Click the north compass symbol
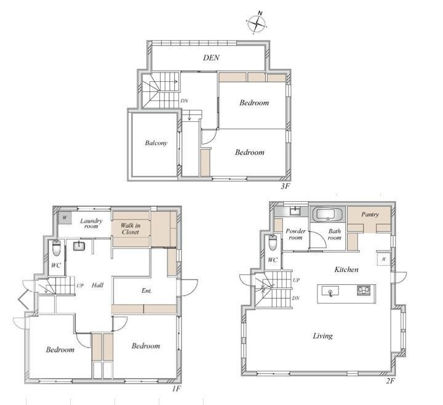tap(257, 23)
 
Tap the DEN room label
tap(211, 58)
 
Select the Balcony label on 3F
tap(156, 143)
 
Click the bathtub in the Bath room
tap(328, 214)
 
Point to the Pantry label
tap(370, 215)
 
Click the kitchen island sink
tap(330, 292)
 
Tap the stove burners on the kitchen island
tap(364, 291)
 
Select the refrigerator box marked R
tap(384, 259)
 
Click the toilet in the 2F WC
tap(273, 243)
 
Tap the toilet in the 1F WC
tap(57, 248)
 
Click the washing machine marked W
tap(65, 218)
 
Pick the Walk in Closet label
tap(130, 228)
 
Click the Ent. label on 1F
tap(146, 291)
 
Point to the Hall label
tap(97, 285)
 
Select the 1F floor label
tap(177, 388)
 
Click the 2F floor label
tap(390, 381)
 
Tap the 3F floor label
tap(285, 186)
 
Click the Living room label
tap(322, 336)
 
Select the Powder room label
tap(295, 235)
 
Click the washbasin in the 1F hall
tap(79, 246)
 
